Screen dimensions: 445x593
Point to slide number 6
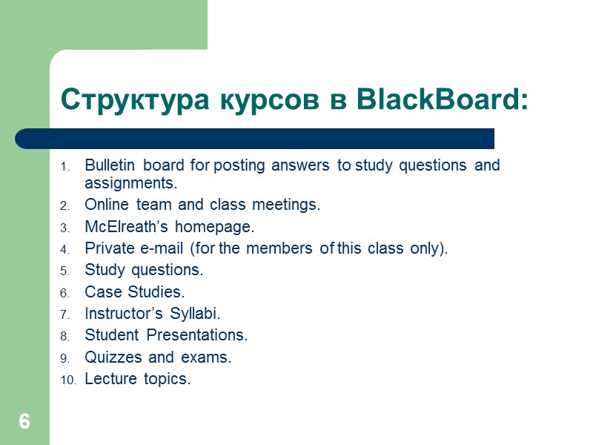pos(24,423)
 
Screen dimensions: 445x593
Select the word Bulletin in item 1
pos(110,165)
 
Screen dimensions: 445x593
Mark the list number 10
pos(67,380)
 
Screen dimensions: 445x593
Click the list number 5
pos(64,270)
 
